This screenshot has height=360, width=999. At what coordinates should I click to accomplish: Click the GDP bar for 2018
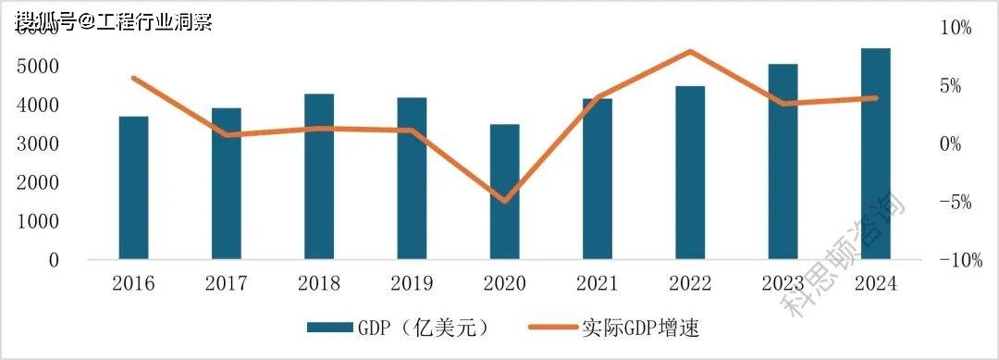[319, 177]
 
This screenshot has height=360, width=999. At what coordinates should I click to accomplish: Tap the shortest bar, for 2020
[504, 192]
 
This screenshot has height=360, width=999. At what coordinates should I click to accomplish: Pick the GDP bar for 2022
[690, 173]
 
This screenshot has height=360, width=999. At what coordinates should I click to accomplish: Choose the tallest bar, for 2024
[875, 154]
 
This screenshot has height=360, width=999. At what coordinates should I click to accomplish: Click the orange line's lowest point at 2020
[505, 200]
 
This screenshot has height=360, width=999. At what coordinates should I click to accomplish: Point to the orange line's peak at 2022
[690, 51]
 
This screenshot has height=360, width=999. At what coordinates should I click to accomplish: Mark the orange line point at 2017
[227, 135]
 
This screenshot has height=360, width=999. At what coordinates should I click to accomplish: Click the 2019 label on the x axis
[412, 283]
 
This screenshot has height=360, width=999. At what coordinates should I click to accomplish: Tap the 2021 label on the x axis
[598, 283]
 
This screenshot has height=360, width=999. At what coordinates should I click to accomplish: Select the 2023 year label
[783, 283]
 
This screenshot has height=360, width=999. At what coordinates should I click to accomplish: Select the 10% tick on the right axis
[954, 28]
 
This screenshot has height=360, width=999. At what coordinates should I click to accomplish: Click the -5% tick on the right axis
[954, 203]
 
